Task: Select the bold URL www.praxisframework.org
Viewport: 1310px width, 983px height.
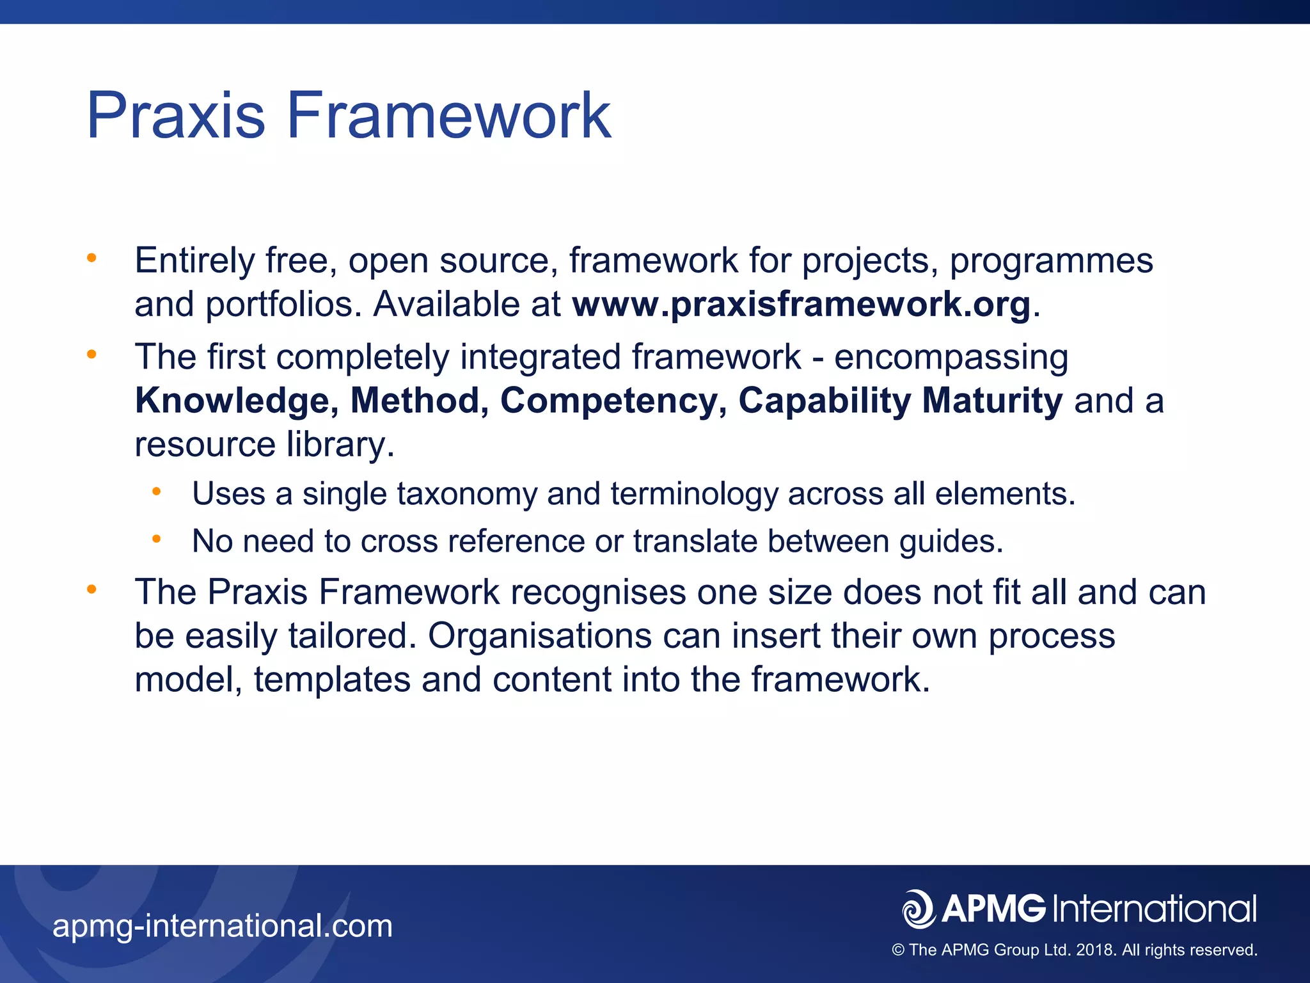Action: point(801,305)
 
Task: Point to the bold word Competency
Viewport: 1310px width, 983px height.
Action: point(613,401)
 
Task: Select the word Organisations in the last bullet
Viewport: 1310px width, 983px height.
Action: point(539,636)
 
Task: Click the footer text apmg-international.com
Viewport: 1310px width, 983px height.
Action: point(223,926)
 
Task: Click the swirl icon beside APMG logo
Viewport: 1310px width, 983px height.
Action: point(919,909)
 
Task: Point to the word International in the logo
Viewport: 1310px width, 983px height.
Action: point(1154,909)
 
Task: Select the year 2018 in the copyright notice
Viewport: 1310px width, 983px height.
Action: point(1095,950)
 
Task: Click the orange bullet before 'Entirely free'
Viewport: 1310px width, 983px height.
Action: point(91,258)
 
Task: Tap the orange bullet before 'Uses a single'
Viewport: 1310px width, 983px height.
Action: point(156,491)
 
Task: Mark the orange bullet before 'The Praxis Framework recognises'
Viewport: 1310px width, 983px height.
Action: point(91,589)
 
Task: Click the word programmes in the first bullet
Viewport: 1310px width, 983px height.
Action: point(1051,261)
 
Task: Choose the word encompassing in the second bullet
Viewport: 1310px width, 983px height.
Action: point(951,357)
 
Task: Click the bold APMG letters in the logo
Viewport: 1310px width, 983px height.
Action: point(993,909)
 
